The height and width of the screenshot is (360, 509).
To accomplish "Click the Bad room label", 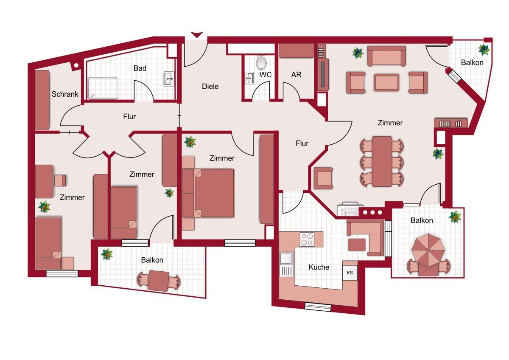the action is [x=140, y=68].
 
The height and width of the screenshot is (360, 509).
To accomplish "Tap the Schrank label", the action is [x=65, y=94].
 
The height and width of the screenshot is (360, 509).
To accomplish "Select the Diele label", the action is [x=210, y=87].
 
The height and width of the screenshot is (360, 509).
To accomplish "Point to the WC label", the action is [x=266, y=75].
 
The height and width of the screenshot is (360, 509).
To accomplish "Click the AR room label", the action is [x=296, y=75].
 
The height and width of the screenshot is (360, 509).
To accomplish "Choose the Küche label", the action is [x=319, y=267].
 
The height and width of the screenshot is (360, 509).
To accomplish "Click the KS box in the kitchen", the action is [x=350, y=273].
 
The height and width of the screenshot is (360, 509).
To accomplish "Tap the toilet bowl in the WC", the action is [x=261, y=62].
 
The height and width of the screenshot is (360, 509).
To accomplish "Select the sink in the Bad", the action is [x=169, y=79].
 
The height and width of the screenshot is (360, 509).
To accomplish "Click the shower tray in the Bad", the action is [x=103, y=88].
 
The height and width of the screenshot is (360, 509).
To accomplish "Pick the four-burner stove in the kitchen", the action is [x=307, y=239].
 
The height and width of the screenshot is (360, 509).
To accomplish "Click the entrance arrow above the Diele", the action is [x=197, y=35].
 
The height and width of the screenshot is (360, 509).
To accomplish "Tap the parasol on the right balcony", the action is [x=428, y=250].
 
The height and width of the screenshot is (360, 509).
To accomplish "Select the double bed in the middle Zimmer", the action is [x=208, y=193].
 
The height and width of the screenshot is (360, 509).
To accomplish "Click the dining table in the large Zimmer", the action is [x=382, y=161].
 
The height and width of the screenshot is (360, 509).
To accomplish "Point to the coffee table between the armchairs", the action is [x=386, y=82].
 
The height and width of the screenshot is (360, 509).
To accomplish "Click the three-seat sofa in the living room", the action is [x=386, y=56].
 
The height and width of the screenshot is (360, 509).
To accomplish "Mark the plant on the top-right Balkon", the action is [x=484, y=49].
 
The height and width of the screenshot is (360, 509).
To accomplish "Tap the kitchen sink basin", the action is [x=286, y=258].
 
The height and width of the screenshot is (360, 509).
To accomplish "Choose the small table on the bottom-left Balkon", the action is [x=158, y=281].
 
